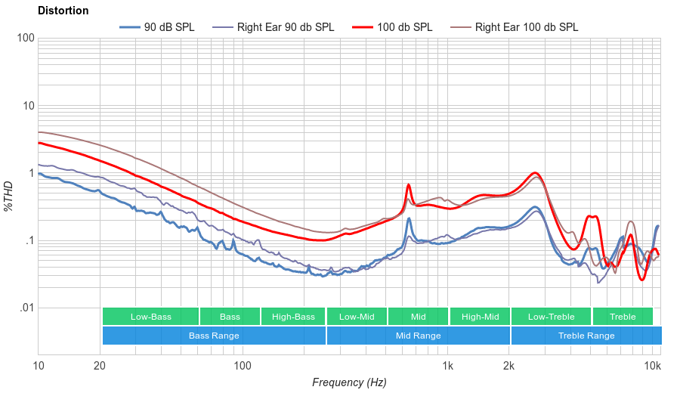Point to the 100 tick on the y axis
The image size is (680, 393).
26,38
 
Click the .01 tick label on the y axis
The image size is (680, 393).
26,308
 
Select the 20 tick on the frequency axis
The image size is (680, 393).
100,367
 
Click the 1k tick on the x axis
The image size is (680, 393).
447,367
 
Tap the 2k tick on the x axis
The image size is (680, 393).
509,367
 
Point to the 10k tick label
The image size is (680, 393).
653,367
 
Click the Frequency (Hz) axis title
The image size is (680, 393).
349,382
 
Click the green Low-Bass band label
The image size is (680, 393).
150,317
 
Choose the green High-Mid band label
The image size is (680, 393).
480,317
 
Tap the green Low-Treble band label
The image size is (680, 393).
552,317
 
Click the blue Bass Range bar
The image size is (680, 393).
214,336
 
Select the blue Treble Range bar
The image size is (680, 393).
586,336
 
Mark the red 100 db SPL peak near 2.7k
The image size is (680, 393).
535,173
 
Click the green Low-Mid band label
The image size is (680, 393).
357,317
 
